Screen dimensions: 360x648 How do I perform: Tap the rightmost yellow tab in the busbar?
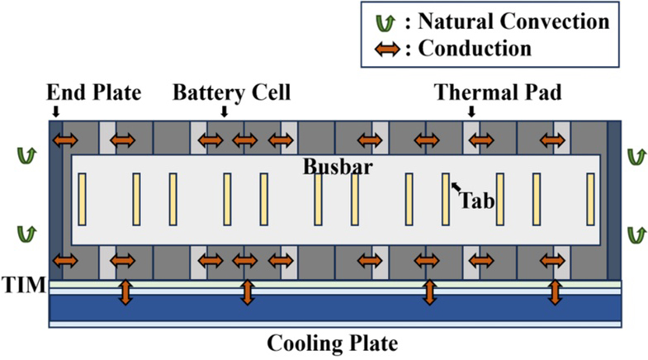pyautogui.click(x=591, y=199)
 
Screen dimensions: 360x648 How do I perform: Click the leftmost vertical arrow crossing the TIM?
pyautogui.click(x=125, y=291)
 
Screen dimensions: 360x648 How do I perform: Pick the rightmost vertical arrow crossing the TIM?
pyautogui.click(x=556, y=291)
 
